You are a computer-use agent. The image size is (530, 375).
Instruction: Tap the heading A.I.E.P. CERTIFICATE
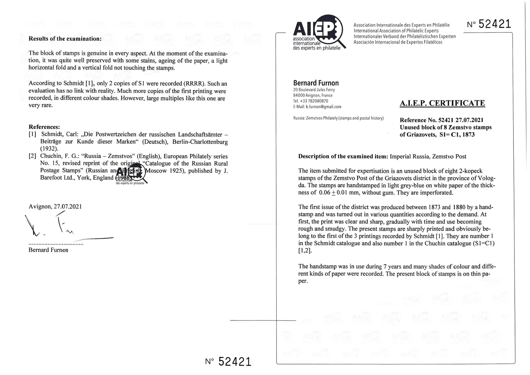(442, 103)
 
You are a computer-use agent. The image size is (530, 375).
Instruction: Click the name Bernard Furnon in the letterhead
(316, 83)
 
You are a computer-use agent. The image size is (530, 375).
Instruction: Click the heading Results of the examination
(65, 39)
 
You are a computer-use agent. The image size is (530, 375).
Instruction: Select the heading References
(44, 127)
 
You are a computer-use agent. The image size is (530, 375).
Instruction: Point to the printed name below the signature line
(48, 250)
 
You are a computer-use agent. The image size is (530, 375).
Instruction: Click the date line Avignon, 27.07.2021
(55, 206)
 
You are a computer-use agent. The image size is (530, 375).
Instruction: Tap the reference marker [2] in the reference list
(32, 156)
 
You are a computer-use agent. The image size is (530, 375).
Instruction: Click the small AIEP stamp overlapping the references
(131, 175)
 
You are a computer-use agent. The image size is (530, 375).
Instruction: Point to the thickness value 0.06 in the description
(324, 193)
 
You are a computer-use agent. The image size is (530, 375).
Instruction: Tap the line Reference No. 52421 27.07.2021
(441, 120)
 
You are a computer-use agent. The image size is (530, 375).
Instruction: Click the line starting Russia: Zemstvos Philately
(338, 118)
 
